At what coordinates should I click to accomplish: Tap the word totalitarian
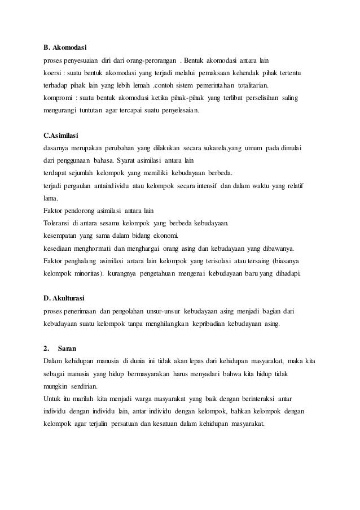[x=251, y=86]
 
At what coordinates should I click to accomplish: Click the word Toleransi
[x=57, y=223]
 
